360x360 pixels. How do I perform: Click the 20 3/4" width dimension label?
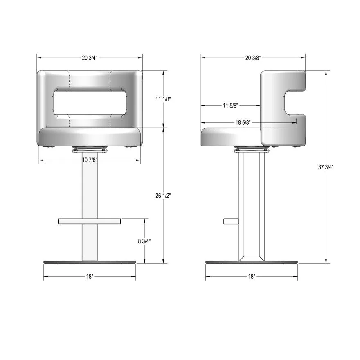tap(90, 58)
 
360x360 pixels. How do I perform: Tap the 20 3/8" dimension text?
tap(253, 58)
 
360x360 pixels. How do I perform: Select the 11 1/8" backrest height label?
tap(163, 99)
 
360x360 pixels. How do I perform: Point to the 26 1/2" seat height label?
tap(163, 196)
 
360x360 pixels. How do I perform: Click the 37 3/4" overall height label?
tap(326, 167)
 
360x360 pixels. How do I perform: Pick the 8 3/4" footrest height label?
tap(144, 241)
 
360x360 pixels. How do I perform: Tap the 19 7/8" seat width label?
tap(90, 160)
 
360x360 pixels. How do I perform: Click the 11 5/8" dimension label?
tap(230, 106)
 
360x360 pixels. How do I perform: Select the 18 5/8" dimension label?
tap(243, 123)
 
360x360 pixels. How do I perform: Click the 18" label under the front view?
tap(90, 277)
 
